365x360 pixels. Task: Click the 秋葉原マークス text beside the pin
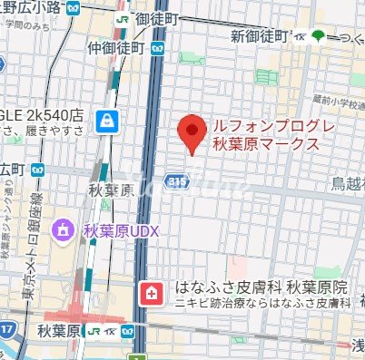coord(264,144)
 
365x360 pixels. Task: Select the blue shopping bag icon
coord(108,120)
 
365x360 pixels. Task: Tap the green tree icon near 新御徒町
coord(317,35)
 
